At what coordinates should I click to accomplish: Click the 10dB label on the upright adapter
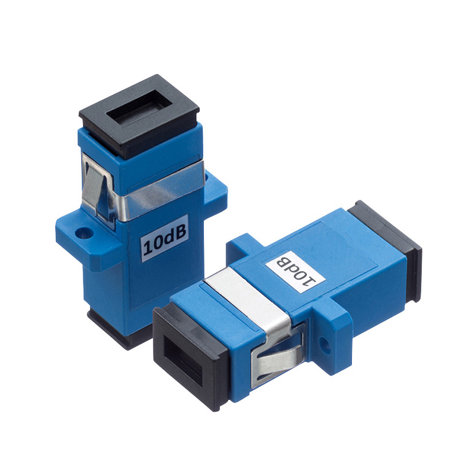(165, 239)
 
